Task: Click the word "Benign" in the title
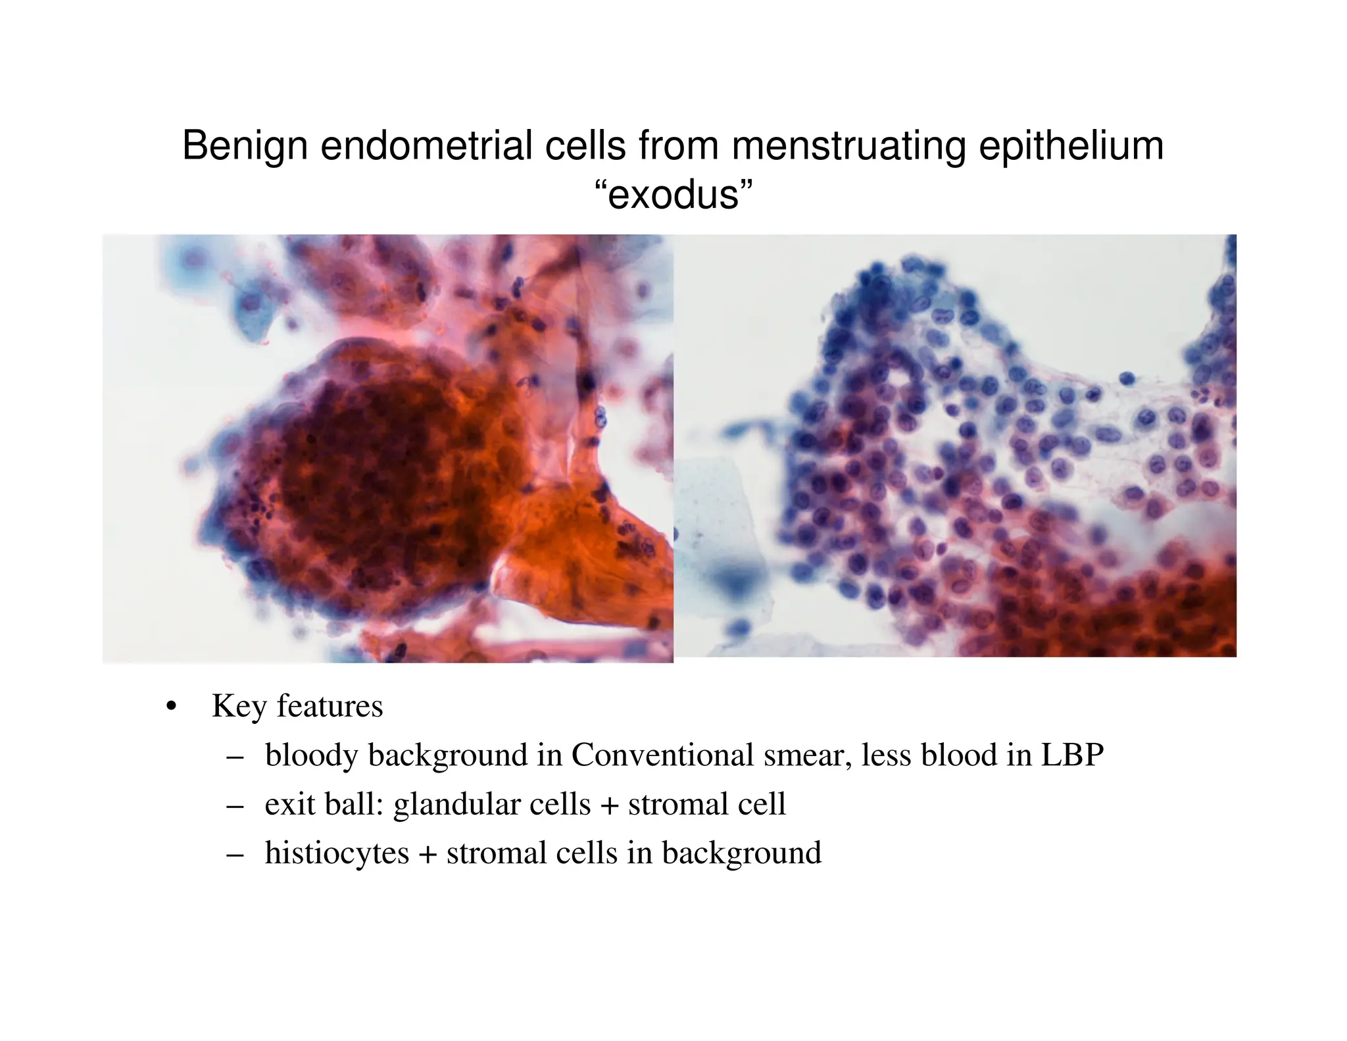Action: point(245,146)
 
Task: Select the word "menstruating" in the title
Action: point(848,146)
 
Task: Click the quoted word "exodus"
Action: point(673,195)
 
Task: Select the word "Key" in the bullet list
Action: point(239,707)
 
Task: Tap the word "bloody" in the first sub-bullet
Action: point(310,755)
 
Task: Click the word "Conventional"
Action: point(662,755)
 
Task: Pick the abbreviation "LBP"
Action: point(1072,755)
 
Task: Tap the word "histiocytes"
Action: point(337,853)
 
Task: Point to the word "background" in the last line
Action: point(741,853)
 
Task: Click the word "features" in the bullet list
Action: point(330,707)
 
